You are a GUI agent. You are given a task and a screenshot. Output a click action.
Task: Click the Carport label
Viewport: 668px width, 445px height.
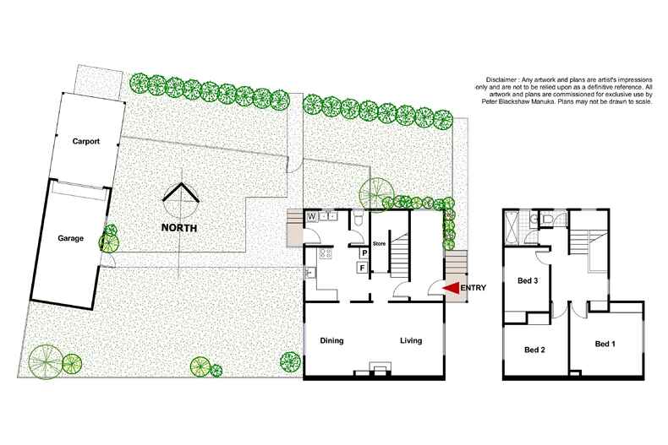point(86,142)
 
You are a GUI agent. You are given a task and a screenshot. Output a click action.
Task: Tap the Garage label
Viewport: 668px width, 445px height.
point(70,239)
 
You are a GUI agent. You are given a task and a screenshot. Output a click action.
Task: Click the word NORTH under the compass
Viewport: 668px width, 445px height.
point(179,228)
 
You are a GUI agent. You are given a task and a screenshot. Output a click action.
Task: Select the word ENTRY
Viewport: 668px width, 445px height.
point(474,289)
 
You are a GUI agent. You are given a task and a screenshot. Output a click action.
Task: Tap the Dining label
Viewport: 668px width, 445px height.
point(332,341)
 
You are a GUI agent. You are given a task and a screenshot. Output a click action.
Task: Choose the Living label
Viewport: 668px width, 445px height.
point(410,341)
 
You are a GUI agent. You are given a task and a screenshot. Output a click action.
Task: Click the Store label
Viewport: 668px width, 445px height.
point(379,245)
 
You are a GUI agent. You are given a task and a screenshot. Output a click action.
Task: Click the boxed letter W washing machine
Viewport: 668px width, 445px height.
point(311,216)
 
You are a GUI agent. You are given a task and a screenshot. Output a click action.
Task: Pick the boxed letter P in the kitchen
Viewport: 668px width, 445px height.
point(364,252)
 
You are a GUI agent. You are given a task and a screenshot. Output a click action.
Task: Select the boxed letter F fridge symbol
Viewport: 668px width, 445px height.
point(363,269)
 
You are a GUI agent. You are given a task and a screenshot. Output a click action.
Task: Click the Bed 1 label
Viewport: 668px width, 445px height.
point(606,344)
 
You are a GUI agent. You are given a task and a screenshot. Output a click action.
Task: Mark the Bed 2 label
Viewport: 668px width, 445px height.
point(534,350)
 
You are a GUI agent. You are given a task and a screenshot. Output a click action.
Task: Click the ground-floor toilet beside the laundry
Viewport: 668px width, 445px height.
point(359,220)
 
